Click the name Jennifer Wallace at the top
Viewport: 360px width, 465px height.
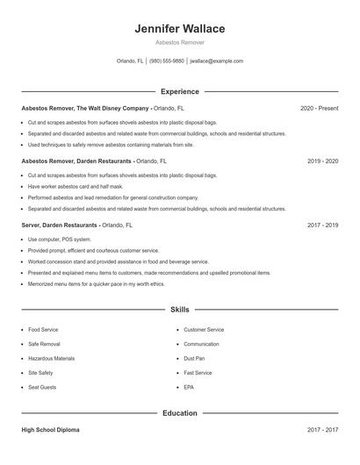(180, 29)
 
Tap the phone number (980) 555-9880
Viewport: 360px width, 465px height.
(167, 61)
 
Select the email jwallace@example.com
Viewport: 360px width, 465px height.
(217, 61)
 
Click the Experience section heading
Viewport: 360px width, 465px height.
(180, 91)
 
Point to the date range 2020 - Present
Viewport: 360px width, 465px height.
(319, 108)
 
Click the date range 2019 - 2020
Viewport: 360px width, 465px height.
(322, 161)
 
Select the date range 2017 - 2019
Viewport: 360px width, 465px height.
(322, 225)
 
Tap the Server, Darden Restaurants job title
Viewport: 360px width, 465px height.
(60, 225)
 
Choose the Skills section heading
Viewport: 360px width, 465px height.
(180, 309)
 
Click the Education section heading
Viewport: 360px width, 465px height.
(180, 412)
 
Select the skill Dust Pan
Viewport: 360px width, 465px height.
(194, 358)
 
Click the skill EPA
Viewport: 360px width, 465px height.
(189, 387)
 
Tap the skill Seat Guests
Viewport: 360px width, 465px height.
(41, 387)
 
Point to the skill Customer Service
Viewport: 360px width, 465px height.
(204, 329)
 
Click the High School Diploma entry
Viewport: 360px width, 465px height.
(50, 430)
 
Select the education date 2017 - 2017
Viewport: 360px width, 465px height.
(322, 430)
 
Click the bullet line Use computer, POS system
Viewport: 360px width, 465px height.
(59, 239)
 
